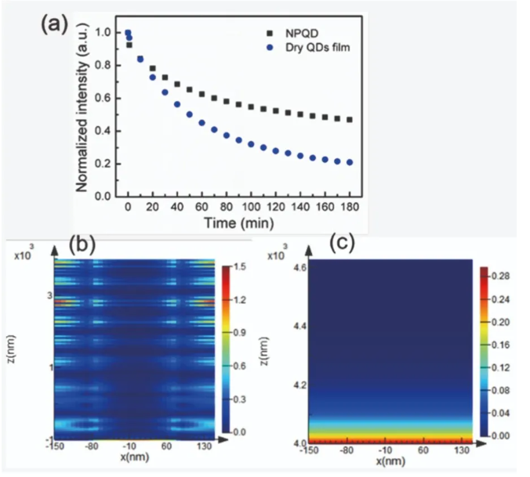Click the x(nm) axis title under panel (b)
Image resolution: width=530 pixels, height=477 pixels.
[x=131, y=456]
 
